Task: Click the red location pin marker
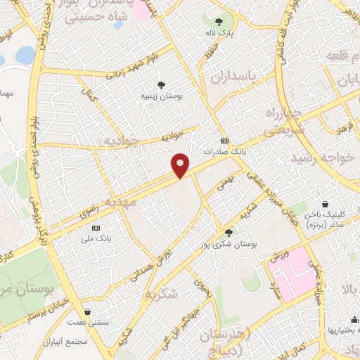[x=181, y=165]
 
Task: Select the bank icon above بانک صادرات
[x=224, y=141]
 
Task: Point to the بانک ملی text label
[x=96, y=238]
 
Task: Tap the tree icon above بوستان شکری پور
[x=228, y=232]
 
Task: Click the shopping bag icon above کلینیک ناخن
[x=326, y=204]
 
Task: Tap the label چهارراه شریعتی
[x=285, y=121]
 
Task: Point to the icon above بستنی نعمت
[x=88, y=311]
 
